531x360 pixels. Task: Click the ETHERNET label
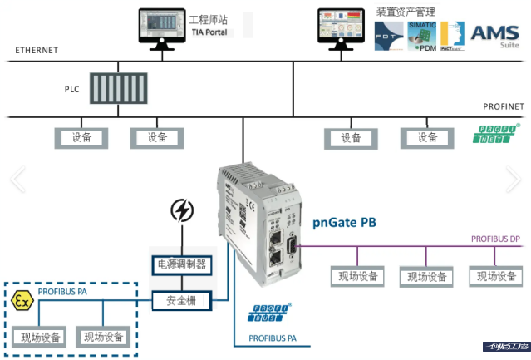click(x=37, y=51)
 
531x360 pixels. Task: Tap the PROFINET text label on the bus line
click(x=504, y=107)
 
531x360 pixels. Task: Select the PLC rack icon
click(x=118, y=87)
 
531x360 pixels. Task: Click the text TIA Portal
click(x=209, y=32)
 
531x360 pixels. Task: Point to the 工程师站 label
click(x=209, y=19)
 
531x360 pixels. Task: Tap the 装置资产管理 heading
click(x=406, y=12)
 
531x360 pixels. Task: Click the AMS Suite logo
click(x=494, y=37)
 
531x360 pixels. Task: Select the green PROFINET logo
click(x=497, y=135)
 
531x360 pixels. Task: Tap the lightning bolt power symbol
click(x=181, y=211)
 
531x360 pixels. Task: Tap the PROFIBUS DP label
click(x=495, y=239)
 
